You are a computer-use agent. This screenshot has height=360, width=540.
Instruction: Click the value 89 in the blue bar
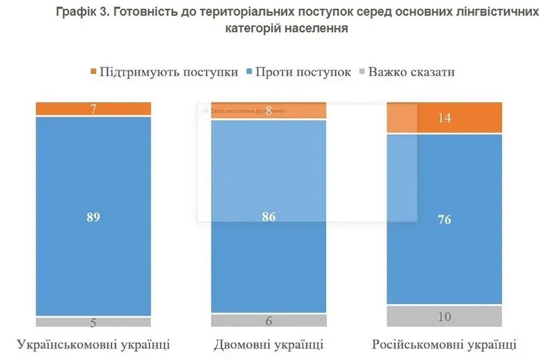(93, 217)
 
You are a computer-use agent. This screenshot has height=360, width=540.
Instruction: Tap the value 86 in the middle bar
(269, 217)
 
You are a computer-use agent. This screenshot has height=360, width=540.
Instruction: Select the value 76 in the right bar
(444, 220)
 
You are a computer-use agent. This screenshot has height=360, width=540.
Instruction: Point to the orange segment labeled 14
(444, 118)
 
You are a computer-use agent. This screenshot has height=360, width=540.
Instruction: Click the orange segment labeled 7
(93, 108)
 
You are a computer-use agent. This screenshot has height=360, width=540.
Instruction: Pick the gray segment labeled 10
(444, 316)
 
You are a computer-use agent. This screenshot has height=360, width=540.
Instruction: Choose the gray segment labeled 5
(93, 322)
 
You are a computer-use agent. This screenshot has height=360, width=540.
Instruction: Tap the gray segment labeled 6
(269, 320)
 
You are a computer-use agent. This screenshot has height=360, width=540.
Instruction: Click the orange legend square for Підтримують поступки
(93, 72)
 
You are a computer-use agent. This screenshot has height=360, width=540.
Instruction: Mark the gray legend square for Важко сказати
(362, 72)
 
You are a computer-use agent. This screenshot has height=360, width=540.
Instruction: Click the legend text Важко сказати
(411, 72)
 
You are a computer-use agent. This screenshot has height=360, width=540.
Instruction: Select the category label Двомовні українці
(269, 345)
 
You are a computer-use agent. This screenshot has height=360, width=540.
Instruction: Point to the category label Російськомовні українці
(444, 345)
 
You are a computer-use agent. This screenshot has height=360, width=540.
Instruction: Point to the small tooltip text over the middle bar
(245, 110)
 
